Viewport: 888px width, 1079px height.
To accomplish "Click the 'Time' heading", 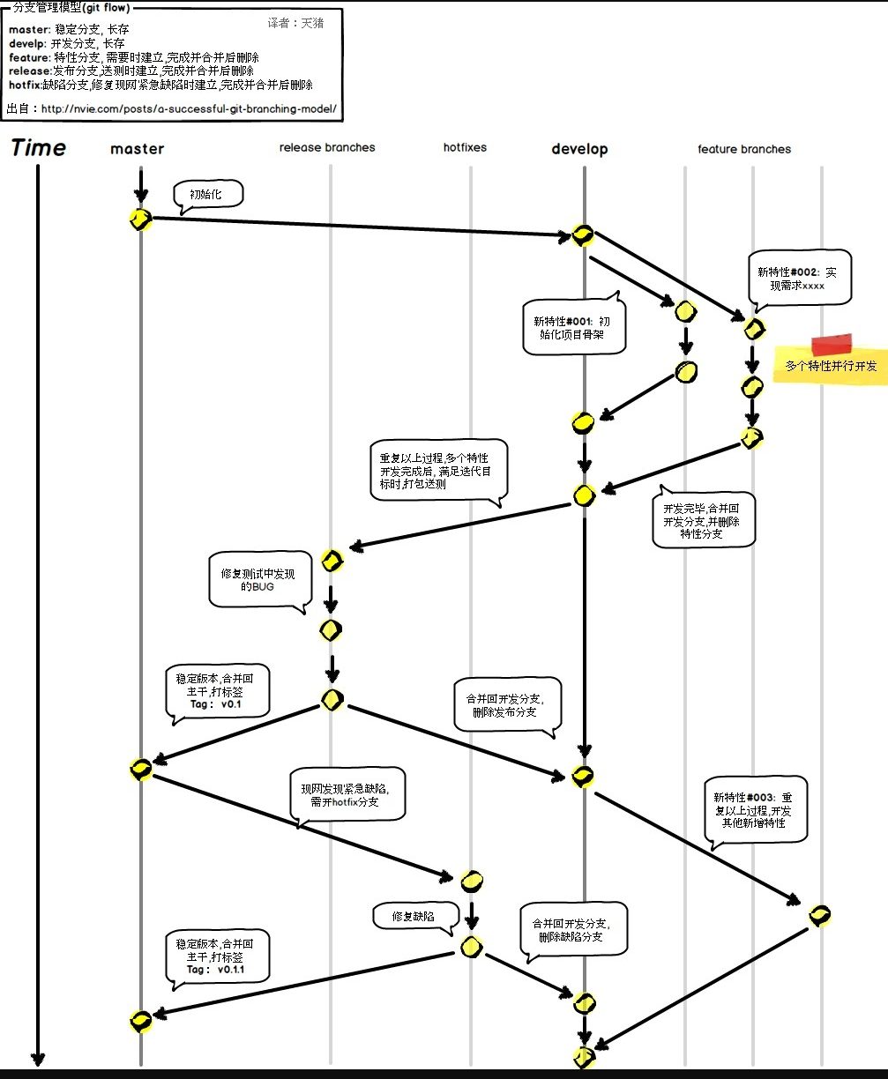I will point(39,148).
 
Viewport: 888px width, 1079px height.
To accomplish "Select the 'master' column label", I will point(137,149).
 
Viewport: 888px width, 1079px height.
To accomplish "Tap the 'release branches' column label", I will point(327,147).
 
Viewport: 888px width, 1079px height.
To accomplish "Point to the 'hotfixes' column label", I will point(465,147).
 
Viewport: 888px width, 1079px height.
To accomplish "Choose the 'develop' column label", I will point(579,149).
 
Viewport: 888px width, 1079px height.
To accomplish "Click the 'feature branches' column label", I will point(744,149).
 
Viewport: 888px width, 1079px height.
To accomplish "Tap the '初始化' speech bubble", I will point(208,195).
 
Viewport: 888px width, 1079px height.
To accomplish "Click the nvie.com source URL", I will point(188,109).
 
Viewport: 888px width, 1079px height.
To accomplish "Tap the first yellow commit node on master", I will point(140,220).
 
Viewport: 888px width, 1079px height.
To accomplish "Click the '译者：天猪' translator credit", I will point(295,24).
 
